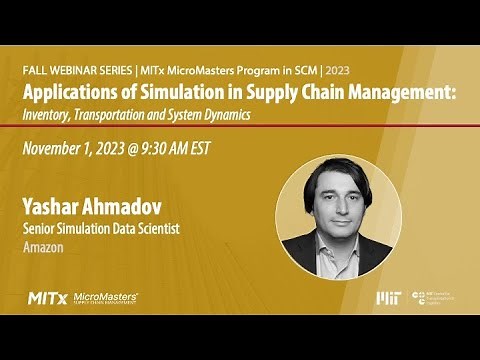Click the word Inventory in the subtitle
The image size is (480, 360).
49,114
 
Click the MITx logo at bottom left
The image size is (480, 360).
48,298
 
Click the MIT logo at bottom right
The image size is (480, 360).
387,298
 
